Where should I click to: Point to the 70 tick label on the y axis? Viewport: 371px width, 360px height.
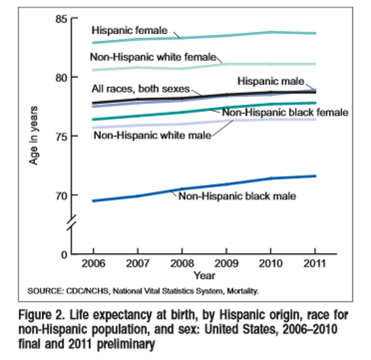click(60, 196)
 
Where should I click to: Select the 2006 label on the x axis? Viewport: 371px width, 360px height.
click(93, 265)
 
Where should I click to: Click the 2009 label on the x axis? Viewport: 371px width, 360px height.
click(226, 265)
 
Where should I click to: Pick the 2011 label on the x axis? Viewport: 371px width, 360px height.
click(315, 265)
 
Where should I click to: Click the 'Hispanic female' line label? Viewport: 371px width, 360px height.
click(127, 29)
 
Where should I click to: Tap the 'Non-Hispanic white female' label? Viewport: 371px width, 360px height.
click(153, 57)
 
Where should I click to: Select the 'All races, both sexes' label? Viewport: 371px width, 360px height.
click(140, 89)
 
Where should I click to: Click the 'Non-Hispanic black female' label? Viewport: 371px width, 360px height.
click(285, 112)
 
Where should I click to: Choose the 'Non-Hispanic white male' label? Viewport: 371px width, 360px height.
click(152, 134)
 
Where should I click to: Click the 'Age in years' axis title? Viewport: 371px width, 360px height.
click(35, 136)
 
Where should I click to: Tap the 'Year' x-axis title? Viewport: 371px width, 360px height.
click(204, 276)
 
